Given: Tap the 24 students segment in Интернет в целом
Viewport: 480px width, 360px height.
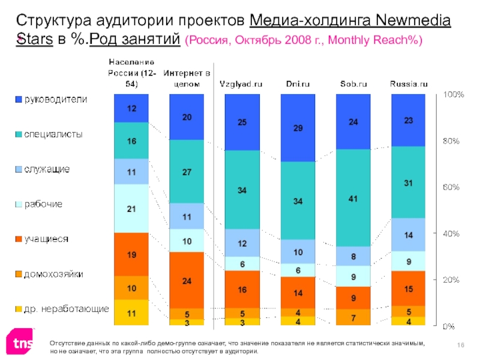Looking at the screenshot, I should [187, 280].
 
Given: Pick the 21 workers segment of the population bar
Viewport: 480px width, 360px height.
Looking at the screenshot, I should [131, 208].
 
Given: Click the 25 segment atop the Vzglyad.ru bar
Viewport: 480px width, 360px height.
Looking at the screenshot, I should [242, 122].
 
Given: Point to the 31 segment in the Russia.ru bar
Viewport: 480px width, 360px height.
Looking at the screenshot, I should [408, 183].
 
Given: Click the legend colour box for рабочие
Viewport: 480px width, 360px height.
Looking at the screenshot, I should [19, 205].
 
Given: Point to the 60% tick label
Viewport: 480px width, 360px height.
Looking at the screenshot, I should [451, 187].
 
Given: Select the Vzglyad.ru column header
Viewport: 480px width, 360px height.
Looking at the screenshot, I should [241, 85].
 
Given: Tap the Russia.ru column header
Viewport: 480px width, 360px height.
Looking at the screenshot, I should [409, 85].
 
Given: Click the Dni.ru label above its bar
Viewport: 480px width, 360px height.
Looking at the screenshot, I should [297, 85].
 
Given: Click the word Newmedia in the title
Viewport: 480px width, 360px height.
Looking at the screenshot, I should [413, 22].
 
